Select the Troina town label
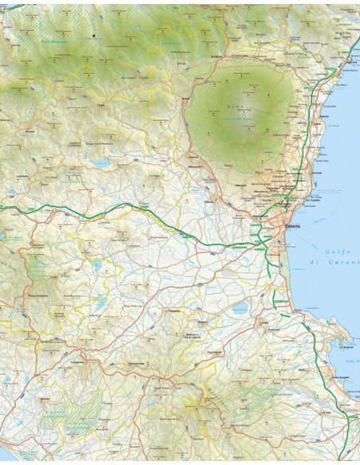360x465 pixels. click(101, 103)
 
